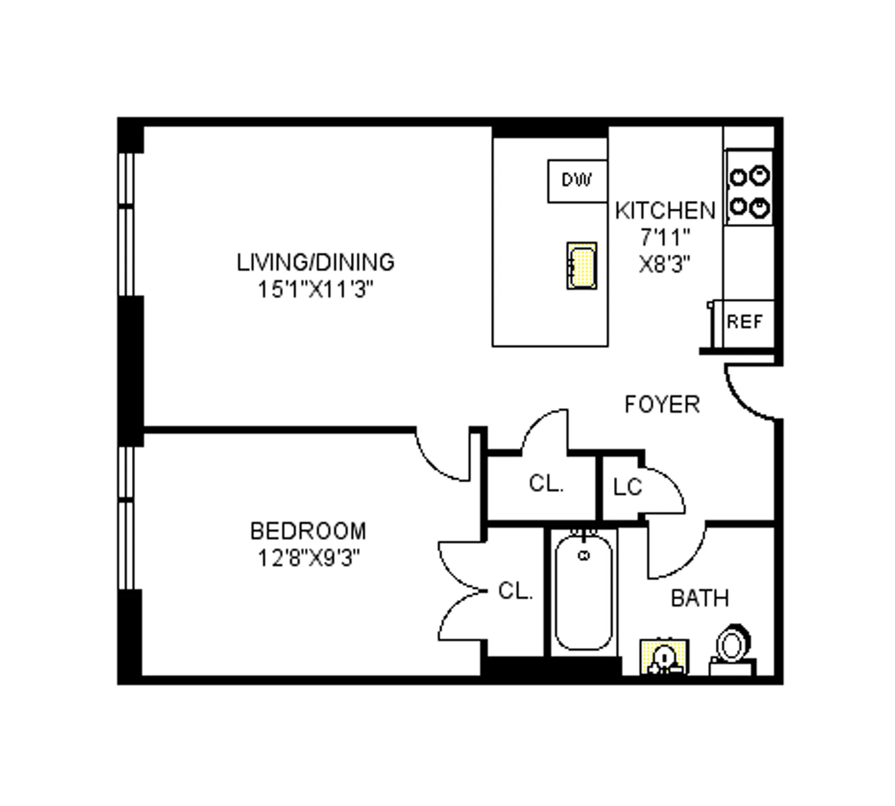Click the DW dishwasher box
(577, 181)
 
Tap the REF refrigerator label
(744, 321)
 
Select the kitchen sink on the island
(582, 266)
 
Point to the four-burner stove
(749, 188)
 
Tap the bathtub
(583, 592)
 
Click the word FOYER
(662, 405)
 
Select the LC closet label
(627, 487)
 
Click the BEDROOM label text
(308, 531)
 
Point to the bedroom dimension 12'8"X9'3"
(308, 559)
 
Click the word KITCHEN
(665, 211)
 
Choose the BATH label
(700, 598)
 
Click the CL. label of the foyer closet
(546, 484)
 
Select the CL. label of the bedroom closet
(515, 591)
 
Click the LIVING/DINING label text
(315, 263)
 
